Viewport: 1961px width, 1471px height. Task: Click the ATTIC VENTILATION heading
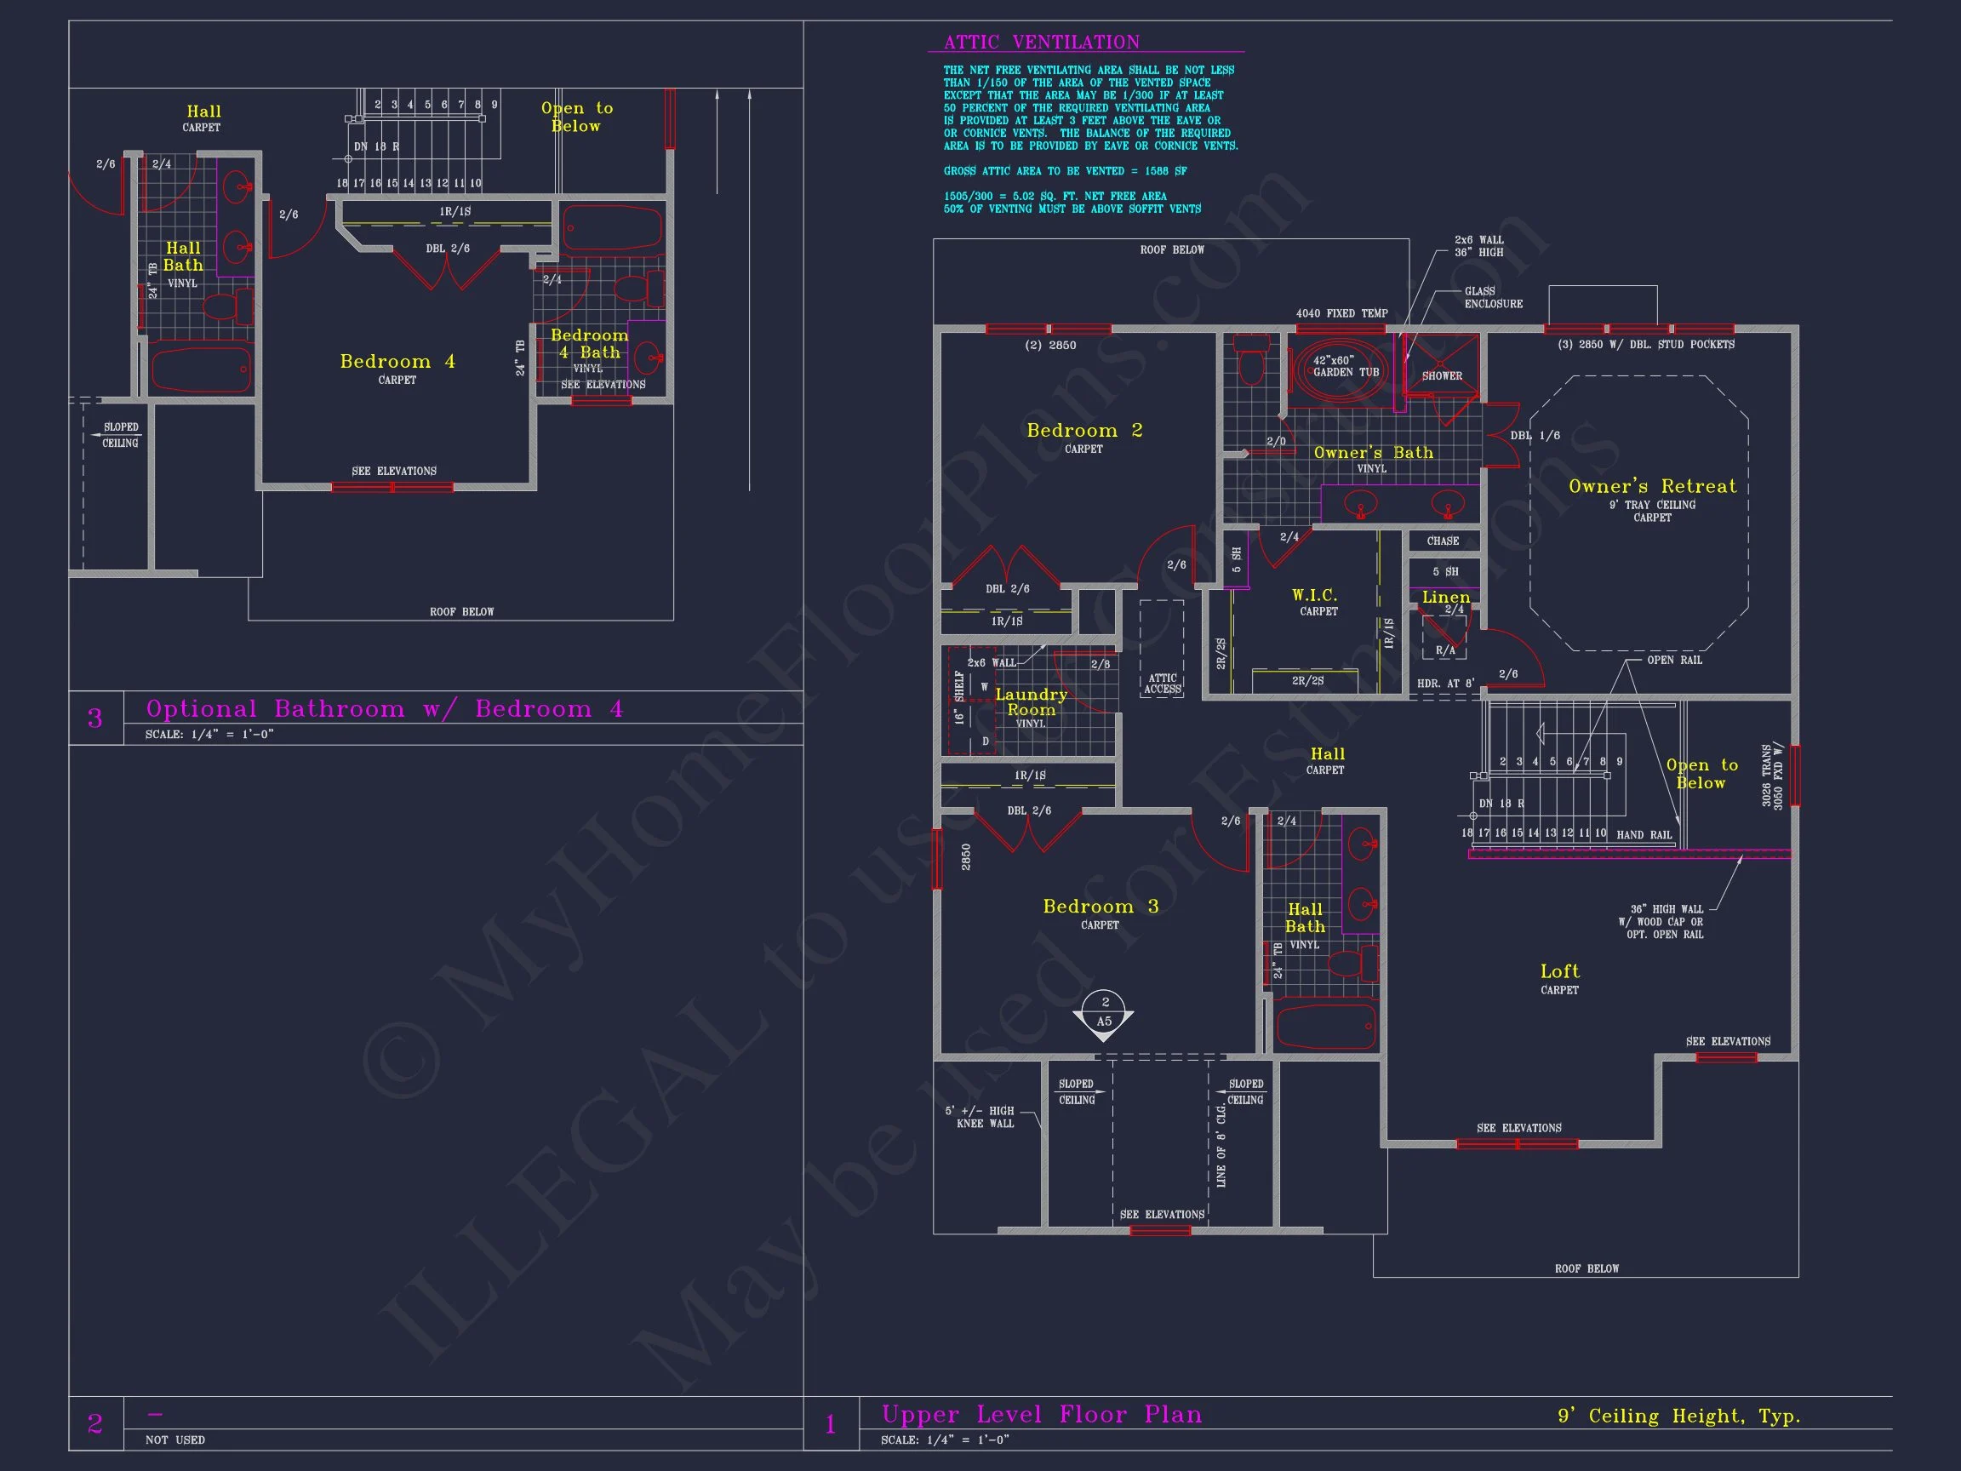click(1041, 43)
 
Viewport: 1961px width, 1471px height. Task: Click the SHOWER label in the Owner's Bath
click(1442, 376)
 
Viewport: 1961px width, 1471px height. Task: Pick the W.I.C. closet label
click(1314, 596)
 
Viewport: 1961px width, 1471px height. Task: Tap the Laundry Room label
click(1030, 702)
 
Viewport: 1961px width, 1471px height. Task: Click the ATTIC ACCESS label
click(1161, 684)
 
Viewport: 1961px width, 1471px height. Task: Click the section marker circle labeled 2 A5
click(1104, 1011)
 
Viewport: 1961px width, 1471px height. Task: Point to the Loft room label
click(1559, 972)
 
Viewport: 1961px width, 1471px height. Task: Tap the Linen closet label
click(1446, 598)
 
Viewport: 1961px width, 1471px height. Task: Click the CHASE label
click(1443, 541)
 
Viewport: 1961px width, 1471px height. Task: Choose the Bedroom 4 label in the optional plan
click(397, 362)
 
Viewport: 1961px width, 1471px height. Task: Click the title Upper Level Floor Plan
click(1041, 1414)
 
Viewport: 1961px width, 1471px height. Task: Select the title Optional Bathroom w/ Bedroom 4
click(384, 709)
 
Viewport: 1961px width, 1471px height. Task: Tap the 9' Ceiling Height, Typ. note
click(1678, 1416)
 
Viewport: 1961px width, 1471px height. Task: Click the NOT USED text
click(174, 1440)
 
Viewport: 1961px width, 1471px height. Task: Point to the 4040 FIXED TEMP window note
click(1341, 314)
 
